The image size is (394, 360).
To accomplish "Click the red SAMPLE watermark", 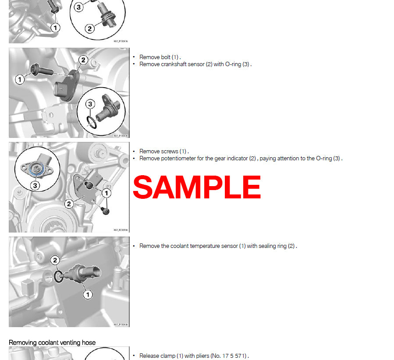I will point(197,187).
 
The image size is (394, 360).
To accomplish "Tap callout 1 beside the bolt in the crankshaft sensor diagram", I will point(20,80).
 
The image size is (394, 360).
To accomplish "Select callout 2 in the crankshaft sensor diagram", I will point(83,60).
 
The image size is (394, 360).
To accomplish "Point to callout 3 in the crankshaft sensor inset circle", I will point(90,104).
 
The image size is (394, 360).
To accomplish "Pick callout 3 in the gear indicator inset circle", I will point(35,185).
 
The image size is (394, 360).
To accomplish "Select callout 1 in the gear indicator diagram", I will point(106,193).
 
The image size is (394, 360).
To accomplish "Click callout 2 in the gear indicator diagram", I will point(69,204).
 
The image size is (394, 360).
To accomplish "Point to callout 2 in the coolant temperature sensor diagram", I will point(55,261).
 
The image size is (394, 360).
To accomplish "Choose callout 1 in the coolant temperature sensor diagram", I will point(88,295).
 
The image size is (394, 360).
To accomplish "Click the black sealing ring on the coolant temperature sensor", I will point(58,276).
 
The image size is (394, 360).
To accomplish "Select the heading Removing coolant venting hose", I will point(52,342).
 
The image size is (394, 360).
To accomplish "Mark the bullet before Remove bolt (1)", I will point(134,57).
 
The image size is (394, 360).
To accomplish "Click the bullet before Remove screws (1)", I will point(134,152).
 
